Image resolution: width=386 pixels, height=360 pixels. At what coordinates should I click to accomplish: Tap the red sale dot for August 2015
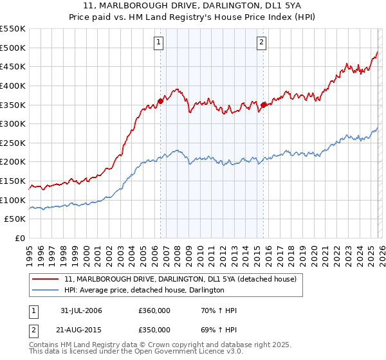[263, 105]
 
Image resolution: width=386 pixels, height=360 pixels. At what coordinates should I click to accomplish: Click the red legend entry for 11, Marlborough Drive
[180, 279]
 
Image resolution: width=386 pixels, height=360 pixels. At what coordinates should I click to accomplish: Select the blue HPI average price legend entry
[144, 291]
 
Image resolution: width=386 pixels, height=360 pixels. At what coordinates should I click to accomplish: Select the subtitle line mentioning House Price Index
[193, 17]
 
